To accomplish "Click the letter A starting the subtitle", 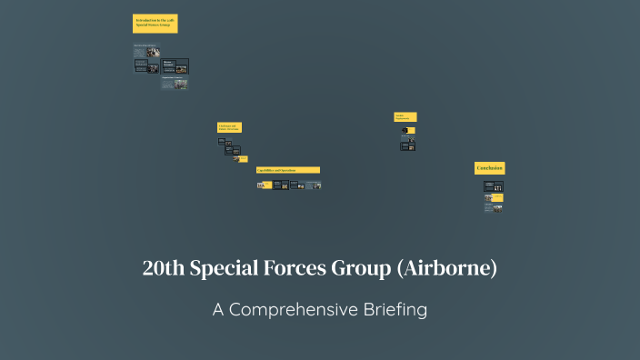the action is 218,310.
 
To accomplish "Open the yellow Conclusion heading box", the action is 490,168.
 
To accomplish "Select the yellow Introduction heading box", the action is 155,24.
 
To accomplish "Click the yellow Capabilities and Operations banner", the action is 287,170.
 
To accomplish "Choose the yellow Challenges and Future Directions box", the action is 229,127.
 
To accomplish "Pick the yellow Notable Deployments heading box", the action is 405,116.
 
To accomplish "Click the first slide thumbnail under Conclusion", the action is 494,185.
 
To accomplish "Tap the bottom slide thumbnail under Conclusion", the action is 494,208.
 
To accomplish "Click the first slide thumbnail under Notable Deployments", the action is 408,131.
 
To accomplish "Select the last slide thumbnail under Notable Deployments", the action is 408,146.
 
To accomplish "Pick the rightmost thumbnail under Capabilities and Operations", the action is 313,185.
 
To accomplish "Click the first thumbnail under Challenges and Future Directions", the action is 221,141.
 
